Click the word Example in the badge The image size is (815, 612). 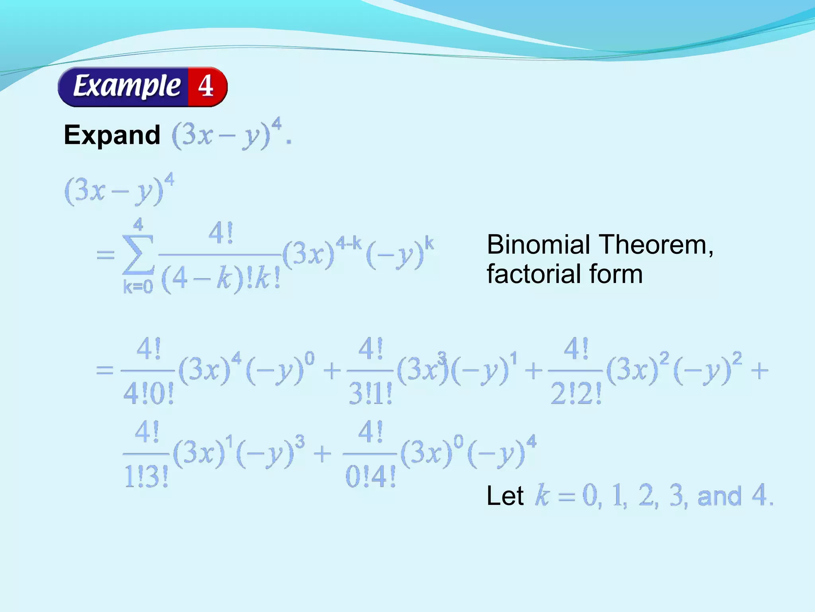coord(127,86)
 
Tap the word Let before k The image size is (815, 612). coord(505,496)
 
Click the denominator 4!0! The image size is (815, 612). coord(148,394)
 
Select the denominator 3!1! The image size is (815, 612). coord(370,394)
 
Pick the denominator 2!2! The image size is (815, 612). coord(576,394)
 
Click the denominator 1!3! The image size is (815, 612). coord(146,477)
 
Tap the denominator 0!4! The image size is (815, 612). coord(370,477)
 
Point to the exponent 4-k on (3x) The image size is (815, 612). coord(348,243)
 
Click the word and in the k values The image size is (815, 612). coord(719,496)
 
